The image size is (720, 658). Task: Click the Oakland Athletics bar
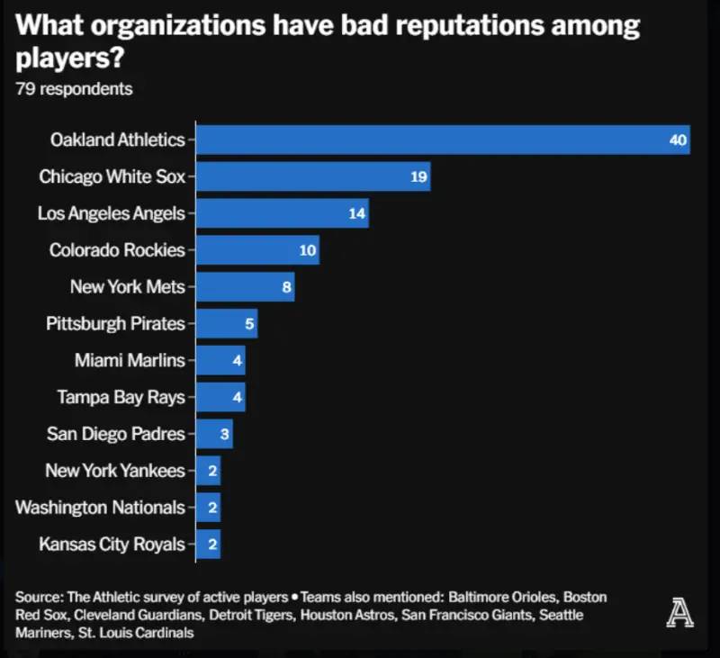(x=441, y=140)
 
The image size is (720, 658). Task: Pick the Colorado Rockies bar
(x=257, y=250)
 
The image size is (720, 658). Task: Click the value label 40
(x=678, y=140)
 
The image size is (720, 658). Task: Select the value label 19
(x=418, y=176)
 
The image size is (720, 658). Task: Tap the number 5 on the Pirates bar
(x=249, y=324)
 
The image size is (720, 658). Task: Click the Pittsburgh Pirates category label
(x=115, y=323)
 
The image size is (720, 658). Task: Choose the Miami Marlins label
(x=130, y=360)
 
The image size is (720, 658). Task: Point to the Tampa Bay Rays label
(x=121, y=397)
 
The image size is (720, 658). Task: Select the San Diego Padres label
(x=115, y=434)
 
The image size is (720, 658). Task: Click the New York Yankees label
(x=115, y=471)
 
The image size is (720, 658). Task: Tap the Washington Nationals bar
(x=208, y=508)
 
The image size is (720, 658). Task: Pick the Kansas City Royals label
(x=112, y=544)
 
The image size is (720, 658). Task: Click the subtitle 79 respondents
(x=74, y=89)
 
